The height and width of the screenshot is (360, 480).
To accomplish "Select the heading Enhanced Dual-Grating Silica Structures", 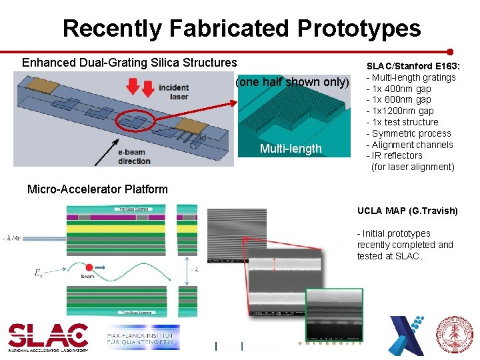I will (129, 63).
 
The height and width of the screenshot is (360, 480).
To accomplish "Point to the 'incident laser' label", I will (173, 92).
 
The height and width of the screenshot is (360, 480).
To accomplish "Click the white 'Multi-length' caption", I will (291, 149).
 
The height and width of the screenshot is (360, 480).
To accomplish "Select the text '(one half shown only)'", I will (293, 82).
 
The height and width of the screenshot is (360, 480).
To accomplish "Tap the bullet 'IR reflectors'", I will (397, 155).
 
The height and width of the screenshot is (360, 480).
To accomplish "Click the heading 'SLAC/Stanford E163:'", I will (411, 66).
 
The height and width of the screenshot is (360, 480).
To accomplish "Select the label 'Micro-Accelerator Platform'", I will (97, 189).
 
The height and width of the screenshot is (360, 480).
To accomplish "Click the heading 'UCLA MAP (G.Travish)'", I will (407, 211).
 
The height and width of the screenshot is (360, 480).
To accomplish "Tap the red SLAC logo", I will (47, 335).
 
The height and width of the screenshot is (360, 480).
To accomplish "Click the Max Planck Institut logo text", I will (141, 340).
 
